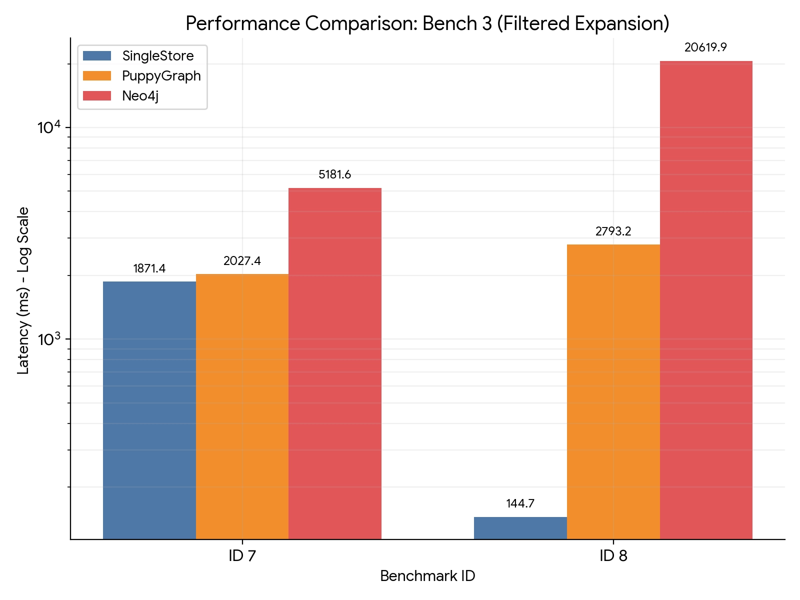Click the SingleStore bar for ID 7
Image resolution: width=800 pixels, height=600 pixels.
[149, 410]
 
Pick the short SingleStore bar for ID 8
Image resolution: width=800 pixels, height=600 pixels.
[520, 528]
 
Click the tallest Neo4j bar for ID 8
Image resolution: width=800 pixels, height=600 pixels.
[706, 300]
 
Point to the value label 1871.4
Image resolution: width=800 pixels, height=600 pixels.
[149, 268]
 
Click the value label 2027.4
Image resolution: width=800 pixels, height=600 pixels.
[242, 261]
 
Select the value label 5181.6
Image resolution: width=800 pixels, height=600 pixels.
[335, 174]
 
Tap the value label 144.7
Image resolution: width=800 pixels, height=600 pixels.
[520, 503]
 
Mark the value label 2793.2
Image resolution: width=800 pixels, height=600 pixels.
[613, 231]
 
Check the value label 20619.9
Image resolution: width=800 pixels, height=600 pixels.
[705, 47]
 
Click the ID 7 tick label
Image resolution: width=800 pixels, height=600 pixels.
[242, 556]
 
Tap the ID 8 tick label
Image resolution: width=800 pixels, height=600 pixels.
[613, 556]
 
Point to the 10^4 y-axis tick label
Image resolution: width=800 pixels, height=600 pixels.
[48, 127]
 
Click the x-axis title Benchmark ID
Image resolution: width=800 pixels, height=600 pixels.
[427, 576]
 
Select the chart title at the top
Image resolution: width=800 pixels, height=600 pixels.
[427, 23]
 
